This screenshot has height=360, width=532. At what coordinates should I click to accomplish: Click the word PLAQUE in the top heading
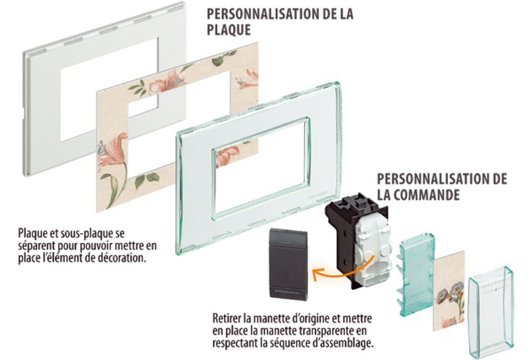[229, 30]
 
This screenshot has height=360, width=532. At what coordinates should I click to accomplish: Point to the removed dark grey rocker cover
[288, 264]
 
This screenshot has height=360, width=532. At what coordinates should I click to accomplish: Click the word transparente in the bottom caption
[325, 331]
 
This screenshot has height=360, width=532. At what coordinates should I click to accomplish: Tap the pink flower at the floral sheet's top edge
[169, 81]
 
